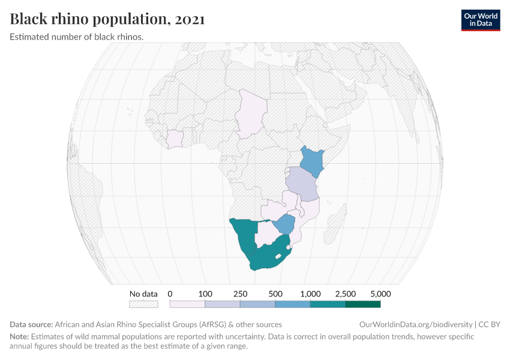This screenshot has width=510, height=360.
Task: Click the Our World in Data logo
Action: pyautogui.click(x=480, y=20)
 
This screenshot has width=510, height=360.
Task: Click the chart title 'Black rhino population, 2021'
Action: pyautogui.click(x=107, y=19)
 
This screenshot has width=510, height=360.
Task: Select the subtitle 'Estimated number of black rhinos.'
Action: pyautogui.click(x=76, y=37)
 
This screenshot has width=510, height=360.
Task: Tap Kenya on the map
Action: pyautogui.click(x=310, y=160)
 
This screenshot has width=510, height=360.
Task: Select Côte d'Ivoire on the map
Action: pyautogui.click(x=175, y=139)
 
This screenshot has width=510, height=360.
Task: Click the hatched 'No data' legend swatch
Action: pyautogui.click(x=143, y=304)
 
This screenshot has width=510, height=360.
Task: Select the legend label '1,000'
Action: pyautogui.click(x=310, y=294)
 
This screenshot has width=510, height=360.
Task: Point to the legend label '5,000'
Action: pyautogui.click(x=381, y=294)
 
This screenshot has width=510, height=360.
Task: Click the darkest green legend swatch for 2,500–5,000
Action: pyautogui.click(x=363, y=304)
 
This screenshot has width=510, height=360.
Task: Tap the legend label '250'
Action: pyautogui.click(x=240, y=294)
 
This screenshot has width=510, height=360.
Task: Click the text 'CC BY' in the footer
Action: pyautogui.click(x=488, y=324)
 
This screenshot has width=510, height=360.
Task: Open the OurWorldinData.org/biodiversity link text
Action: pyautogui.click(x=415, y=324)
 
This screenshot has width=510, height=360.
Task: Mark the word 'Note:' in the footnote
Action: pyautogui.click(x=19, y=337)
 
